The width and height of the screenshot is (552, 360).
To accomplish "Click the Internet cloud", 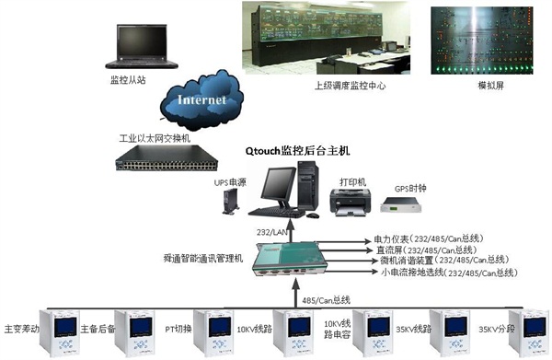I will tap(200, 96).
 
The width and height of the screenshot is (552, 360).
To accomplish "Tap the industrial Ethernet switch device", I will tap(172, 160).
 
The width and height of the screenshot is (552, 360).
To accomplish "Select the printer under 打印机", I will tap(351, 199).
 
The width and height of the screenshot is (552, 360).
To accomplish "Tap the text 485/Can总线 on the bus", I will tap(328, 299).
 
